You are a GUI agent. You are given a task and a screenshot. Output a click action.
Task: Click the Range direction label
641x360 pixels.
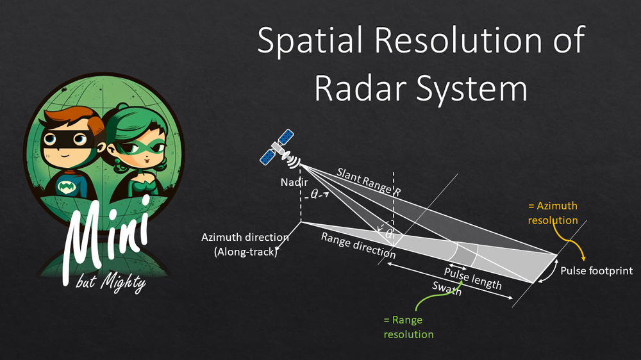click(358, 245)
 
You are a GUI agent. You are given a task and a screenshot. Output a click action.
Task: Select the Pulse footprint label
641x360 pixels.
click(597, 271)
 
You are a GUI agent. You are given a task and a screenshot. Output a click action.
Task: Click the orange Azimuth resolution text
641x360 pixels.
click(553, 213)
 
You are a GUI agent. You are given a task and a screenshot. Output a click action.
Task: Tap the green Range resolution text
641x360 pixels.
click(408, 327)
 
